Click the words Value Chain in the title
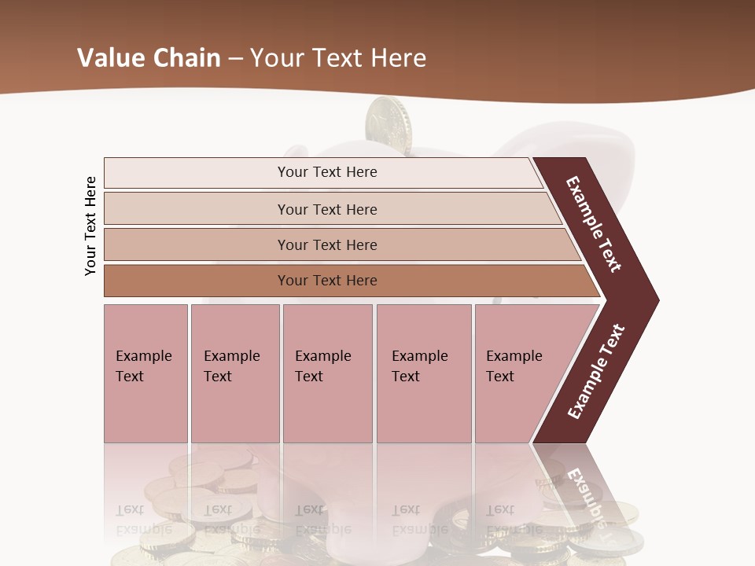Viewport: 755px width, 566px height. pos(149,57)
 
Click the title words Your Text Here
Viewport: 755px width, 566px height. pos(338,57)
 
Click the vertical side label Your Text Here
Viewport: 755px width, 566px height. pos(90,226)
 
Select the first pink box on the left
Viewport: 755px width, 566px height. pos(145,373)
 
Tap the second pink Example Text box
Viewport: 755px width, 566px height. pos(234,373)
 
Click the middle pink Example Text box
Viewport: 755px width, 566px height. pos(327,373)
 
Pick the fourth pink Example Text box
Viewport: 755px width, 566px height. pos(423,373)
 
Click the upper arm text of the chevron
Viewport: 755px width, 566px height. pos(594,224)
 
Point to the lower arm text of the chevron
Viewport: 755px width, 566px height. pos(596,371)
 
